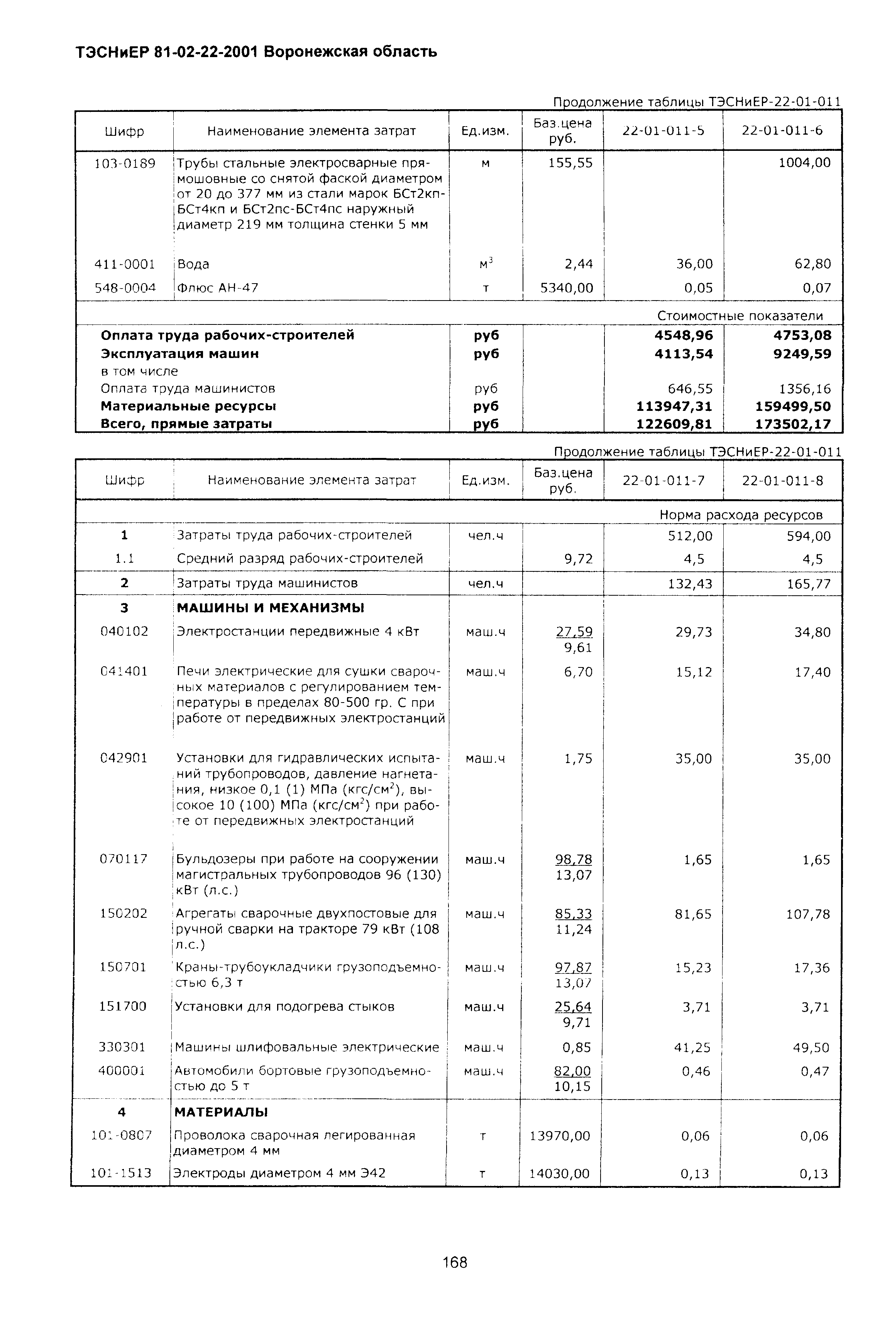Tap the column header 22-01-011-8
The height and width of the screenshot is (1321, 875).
782,480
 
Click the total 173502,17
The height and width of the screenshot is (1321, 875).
793,424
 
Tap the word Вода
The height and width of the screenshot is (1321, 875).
193,264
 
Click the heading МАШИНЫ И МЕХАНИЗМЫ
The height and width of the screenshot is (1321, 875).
271,608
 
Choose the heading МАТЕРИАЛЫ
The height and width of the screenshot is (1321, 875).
221,1112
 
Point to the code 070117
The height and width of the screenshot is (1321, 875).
124,859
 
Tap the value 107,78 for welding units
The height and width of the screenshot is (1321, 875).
808,914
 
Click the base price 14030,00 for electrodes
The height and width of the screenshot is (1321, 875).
559,1173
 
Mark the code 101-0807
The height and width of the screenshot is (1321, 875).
122,1135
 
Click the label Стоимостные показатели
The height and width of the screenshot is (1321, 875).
740,316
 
